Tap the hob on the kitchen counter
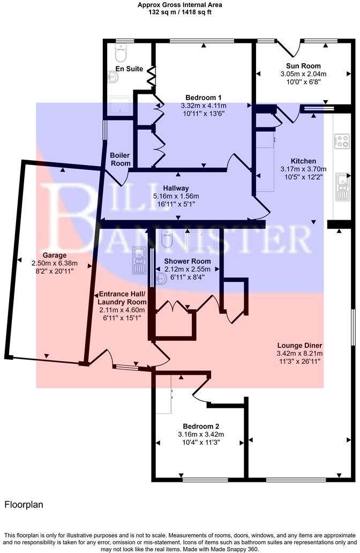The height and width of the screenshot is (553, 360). click(341, 141)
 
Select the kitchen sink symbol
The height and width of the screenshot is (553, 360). click(341, 185)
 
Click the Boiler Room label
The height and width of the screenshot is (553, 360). click(120, 159)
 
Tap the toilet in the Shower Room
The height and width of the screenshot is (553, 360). click(167, 240)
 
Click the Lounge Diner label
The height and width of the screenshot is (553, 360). click(299, 346)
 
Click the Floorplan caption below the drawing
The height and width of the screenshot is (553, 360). click(24, 504)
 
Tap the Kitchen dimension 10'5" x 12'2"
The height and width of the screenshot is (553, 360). click(303, 177)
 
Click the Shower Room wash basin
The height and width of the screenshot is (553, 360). click(161, 279)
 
